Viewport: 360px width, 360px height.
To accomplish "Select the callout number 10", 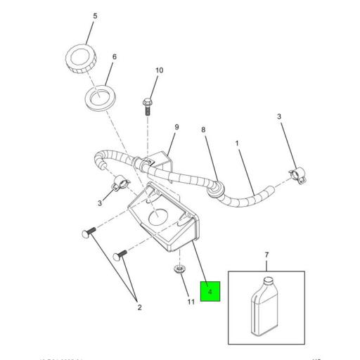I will [158, 70].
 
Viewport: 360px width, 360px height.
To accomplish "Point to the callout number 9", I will [177, 127].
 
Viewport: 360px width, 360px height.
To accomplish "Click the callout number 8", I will [203, 130].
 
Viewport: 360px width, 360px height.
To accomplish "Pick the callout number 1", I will [237, 143].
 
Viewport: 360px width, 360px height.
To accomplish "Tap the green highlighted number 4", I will [210, 290].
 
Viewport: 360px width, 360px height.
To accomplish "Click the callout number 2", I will [139, 307].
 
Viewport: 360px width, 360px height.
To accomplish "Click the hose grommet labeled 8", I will [217, 188].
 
